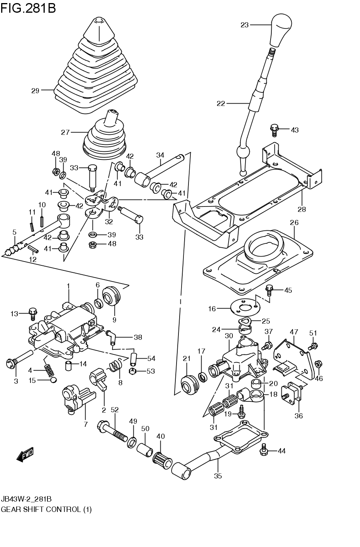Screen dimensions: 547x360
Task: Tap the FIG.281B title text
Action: pyautogui.click(x=28, y=8)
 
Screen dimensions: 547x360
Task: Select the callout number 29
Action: pyautogui.click(x=35, y=91)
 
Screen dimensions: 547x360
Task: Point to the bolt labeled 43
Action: pyautogui.click(x=274, y=129)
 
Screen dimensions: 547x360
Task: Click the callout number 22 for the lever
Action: pyautogui.click(x=220, y=103)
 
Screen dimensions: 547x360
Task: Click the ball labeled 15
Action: pyautogui.click(x=54, y=380)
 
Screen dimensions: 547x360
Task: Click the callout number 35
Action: pyautogui.click(x=218, y=476)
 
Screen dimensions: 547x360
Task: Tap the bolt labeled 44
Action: pyautogui.click(x=264, y=450)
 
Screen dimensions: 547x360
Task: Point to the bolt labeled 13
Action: pyautogui.click(x=33, y=313)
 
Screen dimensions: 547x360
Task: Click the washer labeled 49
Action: pyautogui.click(x=132, y=442)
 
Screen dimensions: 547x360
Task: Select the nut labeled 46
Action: pyautogui.click(x=318, y=364)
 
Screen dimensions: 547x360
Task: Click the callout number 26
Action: pyautogui.click(x=294, y=223)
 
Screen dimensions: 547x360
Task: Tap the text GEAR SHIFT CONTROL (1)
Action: pyautogui.click(x=46, y=509)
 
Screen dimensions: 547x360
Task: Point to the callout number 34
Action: pyautogui.click(x=160, y=155)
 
